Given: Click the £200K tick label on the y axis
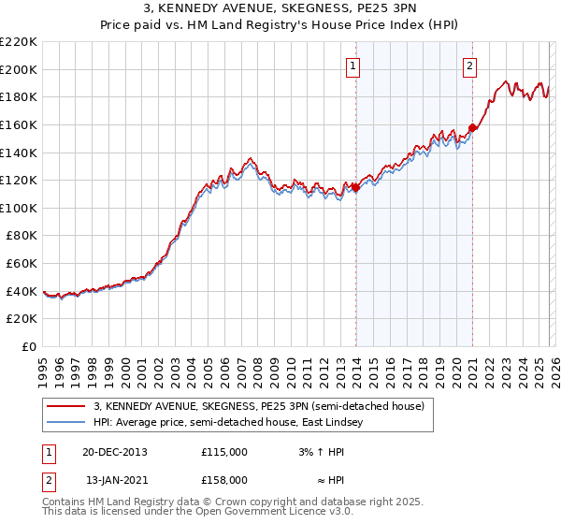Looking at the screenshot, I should pos(19,69).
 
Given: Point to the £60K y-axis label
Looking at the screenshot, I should pos(22,264).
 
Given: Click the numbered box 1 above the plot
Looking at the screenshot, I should pos(353,65).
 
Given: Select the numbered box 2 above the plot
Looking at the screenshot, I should pos(469,65).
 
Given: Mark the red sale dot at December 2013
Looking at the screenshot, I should pos(356,187).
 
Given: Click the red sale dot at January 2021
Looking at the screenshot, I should pos(473,128).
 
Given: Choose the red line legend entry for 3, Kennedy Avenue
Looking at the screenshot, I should pos(259,406).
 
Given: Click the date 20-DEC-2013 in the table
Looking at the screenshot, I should pos(115,451).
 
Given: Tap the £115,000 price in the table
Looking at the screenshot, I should pos(224,451).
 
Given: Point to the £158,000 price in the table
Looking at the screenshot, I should pos(224,481).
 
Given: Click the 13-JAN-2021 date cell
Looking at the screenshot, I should pos(115,481).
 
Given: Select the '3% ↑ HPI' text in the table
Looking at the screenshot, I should pos(320,451).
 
